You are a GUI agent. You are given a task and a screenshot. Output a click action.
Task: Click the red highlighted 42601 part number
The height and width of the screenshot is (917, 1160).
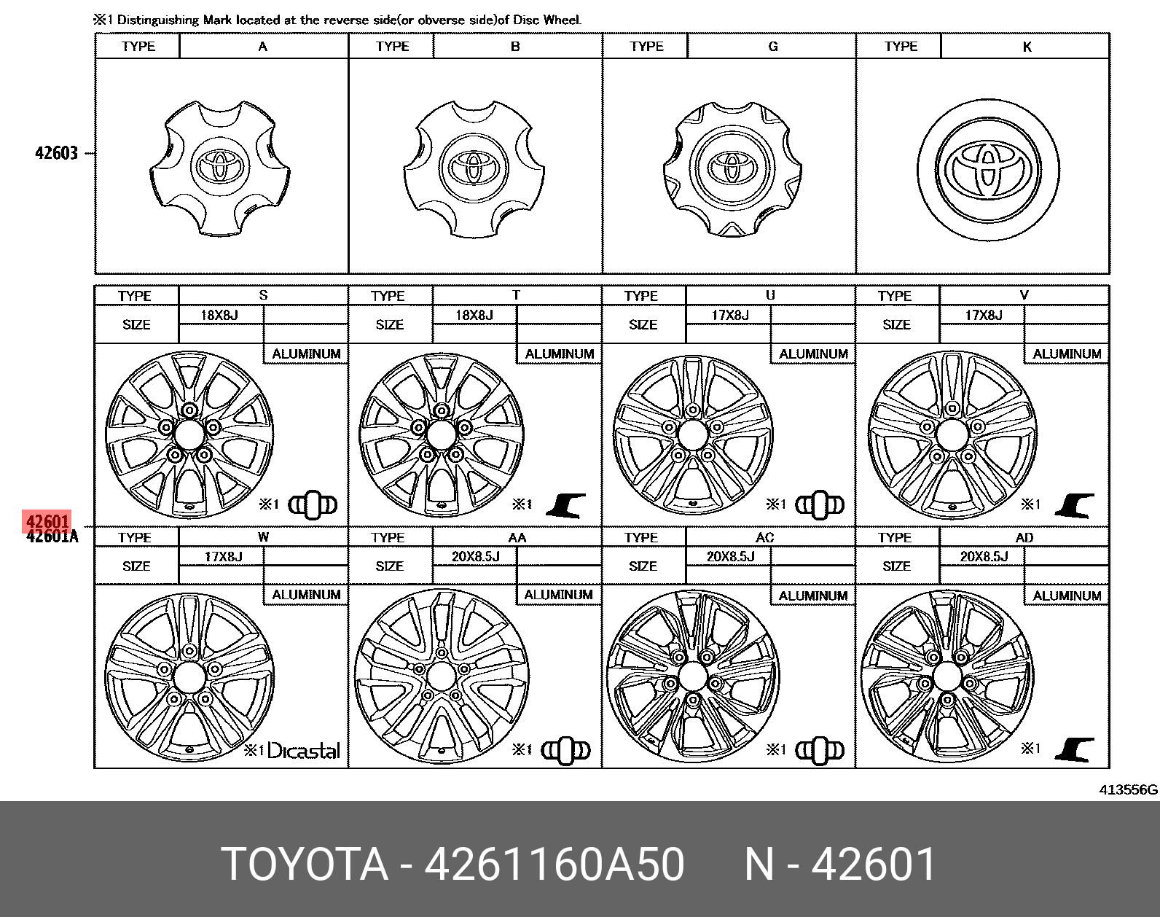(47, 522)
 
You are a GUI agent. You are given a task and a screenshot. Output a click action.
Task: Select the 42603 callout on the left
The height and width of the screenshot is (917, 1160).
(56, 153)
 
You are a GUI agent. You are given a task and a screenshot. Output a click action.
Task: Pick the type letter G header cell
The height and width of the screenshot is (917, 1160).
(772, 47)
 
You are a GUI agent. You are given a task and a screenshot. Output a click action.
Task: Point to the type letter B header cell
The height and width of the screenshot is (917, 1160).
(515, 47)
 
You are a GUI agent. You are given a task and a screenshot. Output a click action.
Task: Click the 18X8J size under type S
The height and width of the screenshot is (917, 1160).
(221, 315)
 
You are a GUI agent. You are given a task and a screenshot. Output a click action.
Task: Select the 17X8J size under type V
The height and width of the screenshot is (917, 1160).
(983, 315)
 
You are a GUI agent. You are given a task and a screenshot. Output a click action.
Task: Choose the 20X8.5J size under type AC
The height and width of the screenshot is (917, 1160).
(730, 556)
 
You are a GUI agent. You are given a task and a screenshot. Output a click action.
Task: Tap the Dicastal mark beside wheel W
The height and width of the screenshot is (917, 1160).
(303, 751)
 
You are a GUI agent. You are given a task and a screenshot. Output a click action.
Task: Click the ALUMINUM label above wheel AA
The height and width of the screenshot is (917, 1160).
(558, 595)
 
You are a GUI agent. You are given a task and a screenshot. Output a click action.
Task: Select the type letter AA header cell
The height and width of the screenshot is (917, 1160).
(517, 537)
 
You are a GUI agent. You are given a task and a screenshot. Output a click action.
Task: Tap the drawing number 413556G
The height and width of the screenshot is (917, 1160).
(1129, 789)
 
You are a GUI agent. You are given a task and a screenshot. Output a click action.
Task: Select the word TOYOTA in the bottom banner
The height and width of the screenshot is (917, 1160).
(305, 865)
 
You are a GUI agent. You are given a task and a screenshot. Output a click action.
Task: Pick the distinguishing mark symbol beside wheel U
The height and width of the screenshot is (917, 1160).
(820, 504)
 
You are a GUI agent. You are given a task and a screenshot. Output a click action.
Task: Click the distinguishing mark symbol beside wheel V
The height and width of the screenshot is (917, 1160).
(1075, 504)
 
